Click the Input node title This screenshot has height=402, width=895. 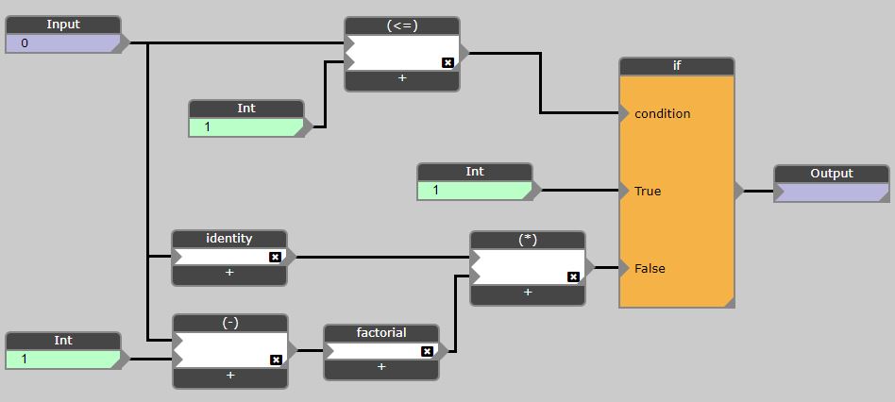(x=63, y=25)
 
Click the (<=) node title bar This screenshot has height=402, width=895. (x=402, y=26)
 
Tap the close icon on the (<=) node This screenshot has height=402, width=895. (x=447, y=62)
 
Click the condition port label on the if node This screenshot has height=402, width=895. (x=663, y=113)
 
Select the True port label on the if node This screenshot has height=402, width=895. (x=648, y=191)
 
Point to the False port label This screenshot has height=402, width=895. (x=650, y=268)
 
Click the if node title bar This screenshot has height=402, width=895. (x=677, y=66)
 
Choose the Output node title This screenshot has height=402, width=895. (x=832, y=174)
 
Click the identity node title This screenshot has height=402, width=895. (x=229, y=239)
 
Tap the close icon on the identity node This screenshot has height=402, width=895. (x=275, y=257)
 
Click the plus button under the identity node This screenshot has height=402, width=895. (x=229, y=273)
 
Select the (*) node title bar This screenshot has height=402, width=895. (x=528, y=240)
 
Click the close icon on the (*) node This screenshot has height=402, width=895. (x=573, y=276)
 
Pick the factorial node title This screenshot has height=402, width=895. (x=381, y=333)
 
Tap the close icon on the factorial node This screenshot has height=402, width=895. (x=427, y=351)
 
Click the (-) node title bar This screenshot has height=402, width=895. (x=230, y=323)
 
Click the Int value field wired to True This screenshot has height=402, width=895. (x=474, y=191)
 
